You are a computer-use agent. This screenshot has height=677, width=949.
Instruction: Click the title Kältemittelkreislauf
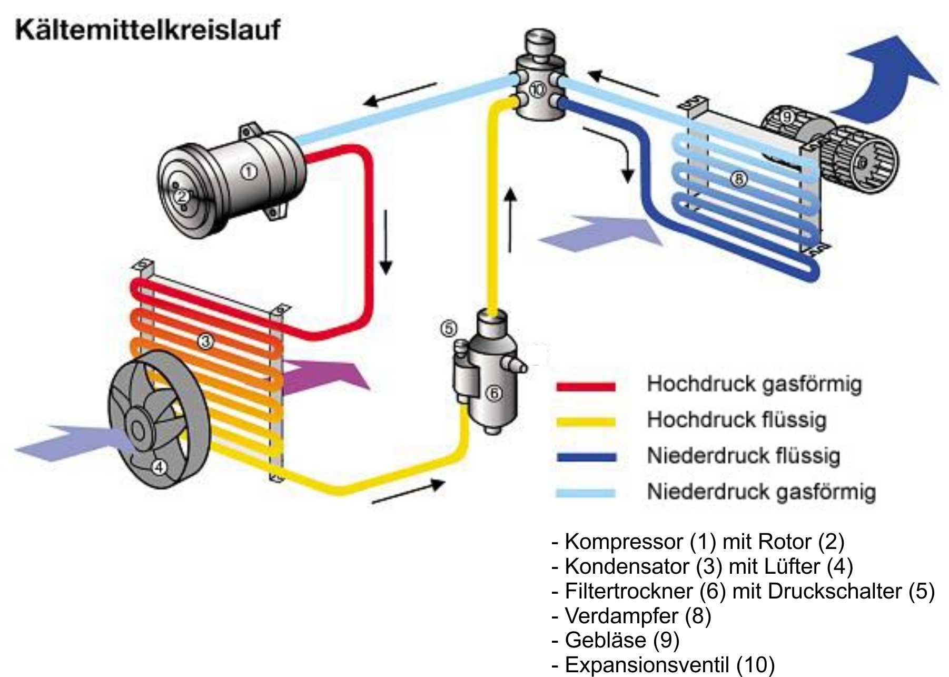147,30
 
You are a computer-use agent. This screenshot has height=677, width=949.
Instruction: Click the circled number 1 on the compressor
249,172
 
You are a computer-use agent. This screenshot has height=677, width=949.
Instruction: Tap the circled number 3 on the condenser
205,341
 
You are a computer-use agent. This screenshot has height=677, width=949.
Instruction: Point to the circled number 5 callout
449,329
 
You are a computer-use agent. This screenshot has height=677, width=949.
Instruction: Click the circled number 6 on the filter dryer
493,393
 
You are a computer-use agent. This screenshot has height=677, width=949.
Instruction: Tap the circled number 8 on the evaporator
738,180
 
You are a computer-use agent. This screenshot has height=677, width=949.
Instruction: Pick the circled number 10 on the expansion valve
537,90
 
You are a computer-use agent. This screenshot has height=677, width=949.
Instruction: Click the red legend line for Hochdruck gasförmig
586,386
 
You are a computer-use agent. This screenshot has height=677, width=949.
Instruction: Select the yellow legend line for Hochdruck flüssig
586,422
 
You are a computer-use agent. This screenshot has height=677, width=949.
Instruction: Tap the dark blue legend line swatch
586,457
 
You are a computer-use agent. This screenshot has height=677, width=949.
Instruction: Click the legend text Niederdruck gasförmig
761,492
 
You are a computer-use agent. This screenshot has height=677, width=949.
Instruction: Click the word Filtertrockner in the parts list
628,591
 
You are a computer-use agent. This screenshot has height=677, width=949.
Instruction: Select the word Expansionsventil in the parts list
647,665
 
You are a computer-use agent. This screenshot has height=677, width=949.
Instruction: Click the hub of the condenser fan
137,429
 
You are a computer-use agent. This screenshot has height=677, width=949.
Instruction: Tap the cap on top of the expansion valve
540,41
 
